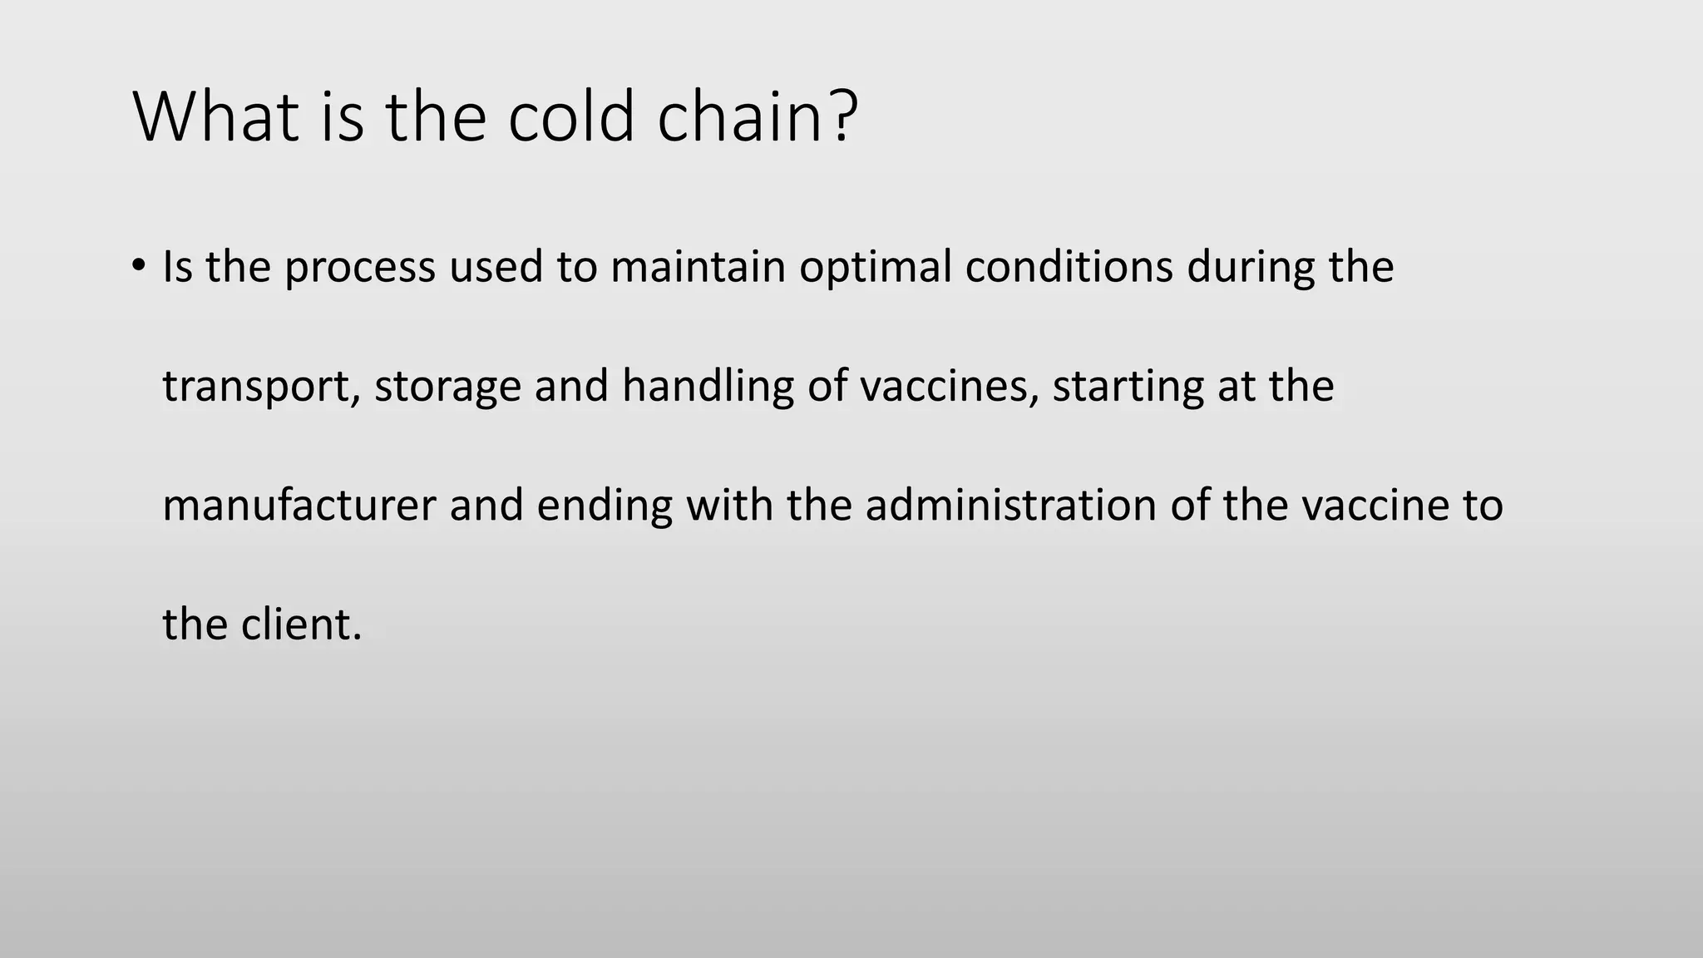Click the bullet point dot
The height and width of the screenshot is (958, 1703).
pos(138,266)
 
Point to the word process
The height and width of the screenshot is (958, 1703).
pos(360,269)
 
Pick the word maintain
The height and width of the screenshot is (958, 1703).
pos(698,267)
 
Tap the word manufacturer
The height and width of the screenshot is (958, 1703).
pos(299,506)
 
